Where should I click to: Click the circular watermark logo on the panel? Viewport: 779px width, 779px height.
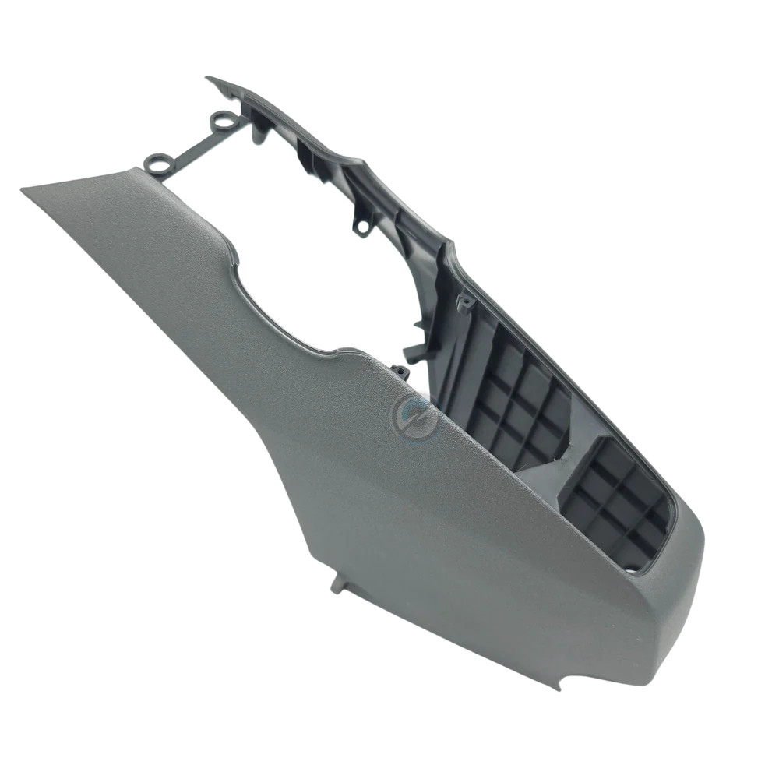coord(415,414)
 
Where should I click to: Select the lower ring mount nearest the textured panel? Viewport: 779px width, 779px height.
coord(158,163)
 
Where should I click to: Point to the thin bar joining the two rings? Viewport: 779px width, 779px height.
coord(191,143)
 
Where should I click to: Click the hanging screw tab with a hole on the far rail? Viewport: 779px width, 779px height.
coord(361,226)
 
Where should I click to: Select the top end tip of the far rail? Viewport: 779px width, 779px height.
coord(209,78)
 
